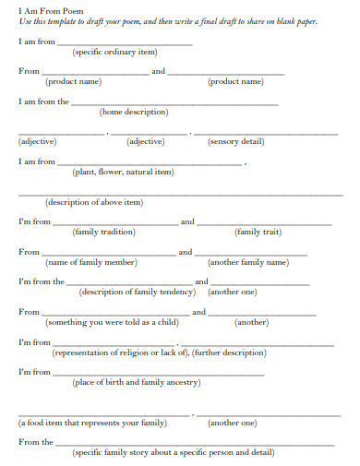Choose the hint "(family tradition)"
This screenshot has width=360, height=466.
point(104,232)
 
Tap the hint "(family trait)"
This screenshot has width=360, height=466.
point(258,232)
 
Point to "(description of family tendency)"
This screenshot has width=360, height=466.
point(138,292)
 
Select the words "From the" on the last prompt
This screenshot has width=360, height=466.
point(35,442)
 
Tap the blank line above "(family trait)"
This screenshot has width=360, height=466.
point(265,224)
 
